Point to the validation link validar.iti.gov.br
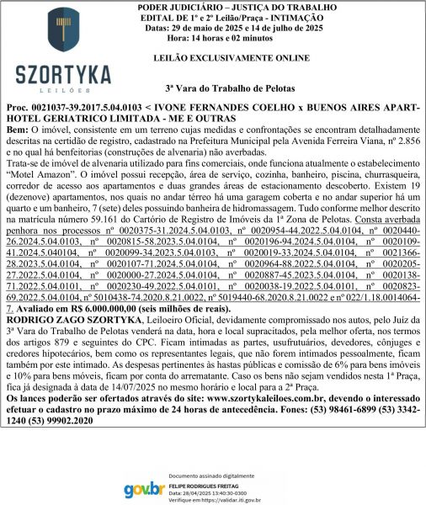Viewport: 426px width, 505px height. click(x=236, y=499)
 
